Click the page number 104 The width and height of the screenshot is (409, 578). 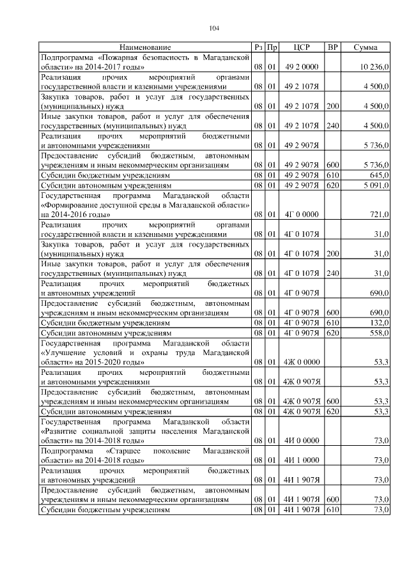click(x=213, y=27)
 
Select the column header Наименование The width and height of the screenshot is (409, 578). click(x=145, y=48)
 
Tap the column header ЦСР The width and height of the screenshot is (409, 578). click(x=302, y=48)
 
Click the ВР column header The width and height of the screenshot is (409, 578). click(x=332, y=48)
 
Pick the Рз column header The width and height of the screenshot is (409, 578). click(x=258, y=48)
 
